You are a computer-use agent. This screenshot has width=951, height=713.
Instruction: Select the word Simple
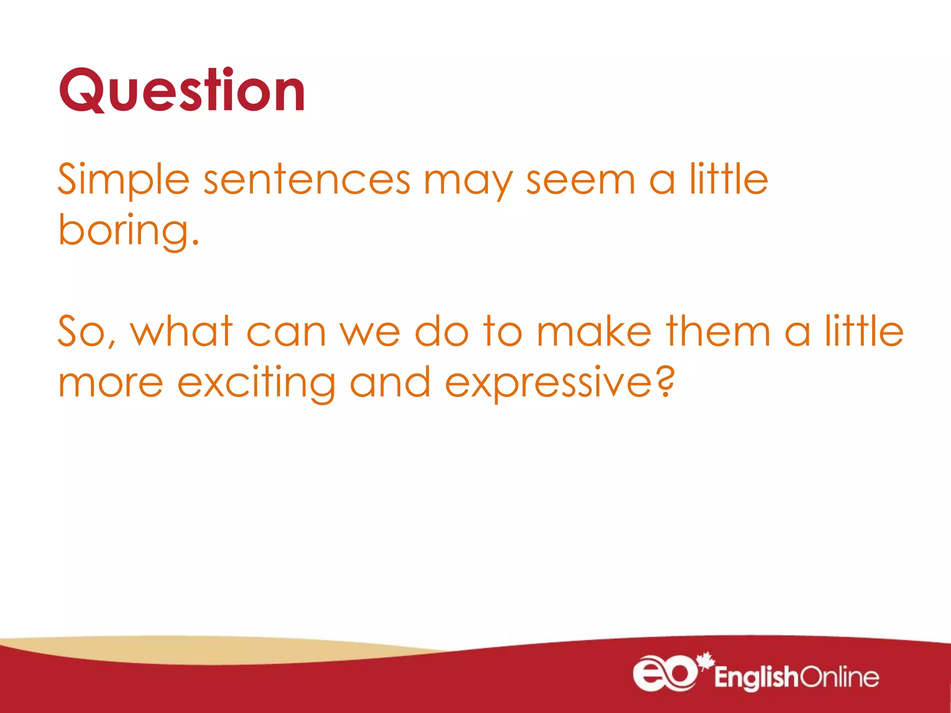click(124, 180)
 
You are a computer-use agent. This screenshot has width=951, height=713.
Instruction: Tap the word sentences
click(307, 180)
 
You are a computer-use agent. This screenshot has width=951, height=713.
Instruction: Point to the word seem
click(580, 180)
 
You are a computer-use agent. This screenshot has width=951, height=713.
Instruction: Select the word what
click(181, 331)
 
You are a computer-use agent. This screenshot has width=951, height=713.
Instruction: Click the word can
click(286, 332)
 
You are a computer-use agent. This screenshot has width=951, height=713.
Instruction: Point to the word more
click(111, 383)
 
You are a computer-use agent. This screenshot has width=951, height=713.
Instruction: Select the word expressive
click(548, 383)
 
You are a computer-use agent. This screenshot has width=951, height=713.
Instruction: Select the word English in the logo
click(756, 677)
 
